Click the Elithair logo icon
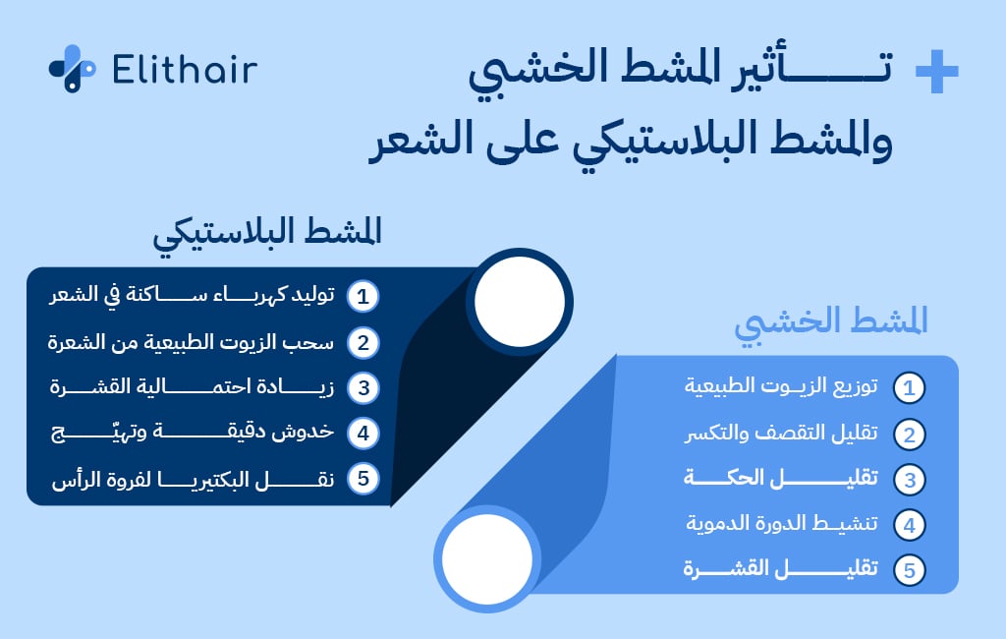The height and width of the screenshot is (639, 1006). (72, 69)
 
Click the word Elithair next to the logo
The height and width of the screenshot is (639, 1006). (185, 70)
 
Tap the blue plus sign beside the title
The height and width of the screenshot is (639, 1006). (935, 73)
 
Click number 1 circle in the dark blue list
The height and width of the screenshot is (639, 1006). (363, 296)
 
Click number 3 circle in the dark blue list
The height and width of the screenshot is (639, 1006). (363, 387)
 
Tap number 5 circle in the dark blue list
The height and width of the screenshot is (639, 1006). (363, 479)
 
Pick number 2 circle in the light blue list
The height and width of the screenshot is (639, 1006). (910, 434)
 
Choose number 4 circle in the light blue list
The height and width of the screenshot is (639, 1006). (910, 525)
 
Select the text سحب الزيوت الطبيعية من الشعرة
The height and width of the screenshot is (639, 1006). (191, 341)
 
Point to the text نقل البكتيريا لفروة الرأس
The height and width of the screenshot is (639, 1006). (191, 479)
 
